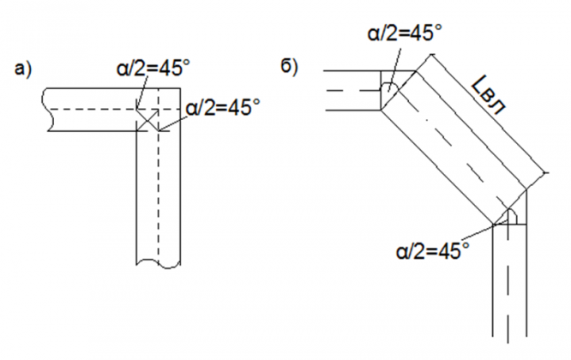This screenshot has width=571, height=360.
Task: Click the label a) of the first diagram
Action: click(x=23, y=69)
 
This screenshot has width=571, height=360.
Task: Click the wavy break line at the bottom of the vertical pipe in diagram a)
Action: click(x=158, y=261)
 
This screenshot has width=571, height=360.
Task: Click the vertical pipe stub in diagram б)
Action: click(x=509, y=291)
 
